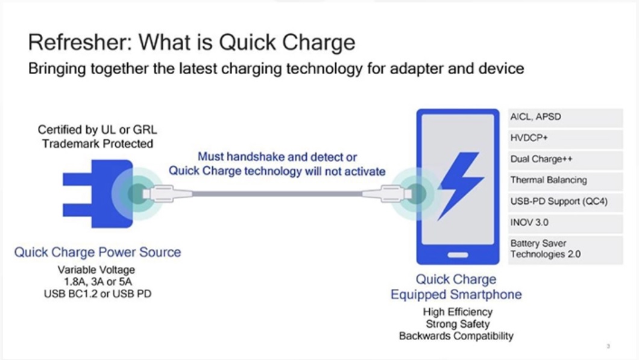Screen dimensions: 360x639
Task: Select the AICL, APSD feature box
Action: [x=565, y=117]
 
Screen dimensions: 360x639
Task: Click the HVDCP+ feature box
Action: [x=565, y=138]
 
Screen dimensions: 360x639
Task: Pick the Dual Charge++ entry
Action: [x=565, y=159]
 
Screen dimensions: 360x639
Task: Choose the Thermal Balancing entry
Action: [x=565, y=180]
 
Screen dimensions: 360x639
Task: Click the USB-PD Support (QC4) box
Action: [x=565, y=201]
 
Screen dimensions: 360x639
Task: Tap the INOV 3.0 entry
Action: [x=565, y=223]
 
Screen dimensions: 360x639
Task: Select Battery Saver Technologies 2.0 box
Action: [x=565, y=249]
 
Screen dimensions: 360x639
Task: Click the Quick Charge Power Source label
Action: [x=98, y=252]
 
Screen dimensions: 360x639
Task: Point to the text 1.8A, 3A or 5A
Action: [x=97, y=282]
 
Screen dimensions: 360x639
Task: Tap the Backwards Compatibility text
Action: [x=456, y=336]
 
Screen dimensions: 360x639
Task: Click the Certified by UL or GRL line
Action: [x=98, y=130]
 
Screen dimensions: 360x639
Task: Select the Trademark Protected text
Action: [x=98, y=144]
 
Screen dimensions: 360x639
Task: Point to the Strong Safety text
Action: [x=457, y=324]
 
